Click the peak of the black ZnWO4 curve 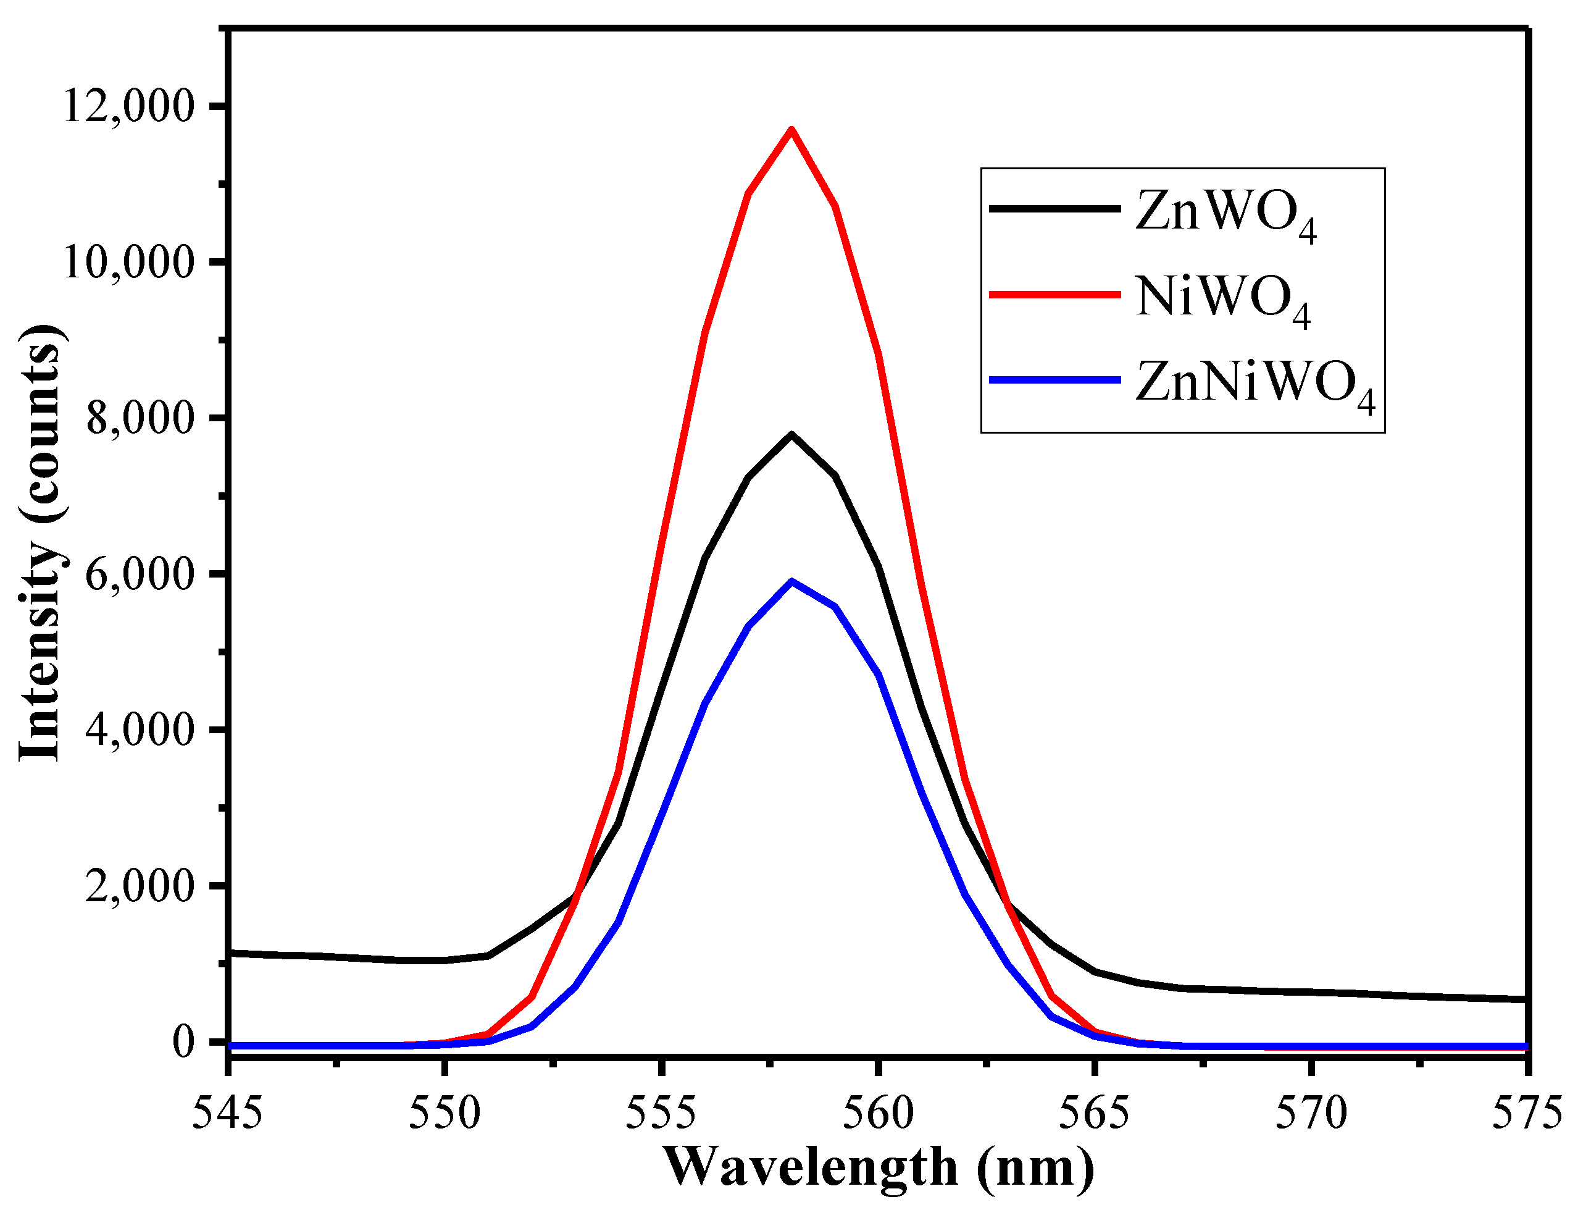(792, 434)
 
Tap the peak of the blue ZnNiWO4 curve (792, 581)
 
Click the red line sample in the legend (1054, 294)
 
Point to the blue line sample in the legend (1054, 379)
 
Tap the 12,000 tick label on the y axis (129, 106)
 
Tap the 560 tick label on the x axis (878, 1114)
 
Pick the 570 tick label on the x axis (1311, 1114)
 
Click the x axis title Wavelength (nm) (878, 1169)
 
